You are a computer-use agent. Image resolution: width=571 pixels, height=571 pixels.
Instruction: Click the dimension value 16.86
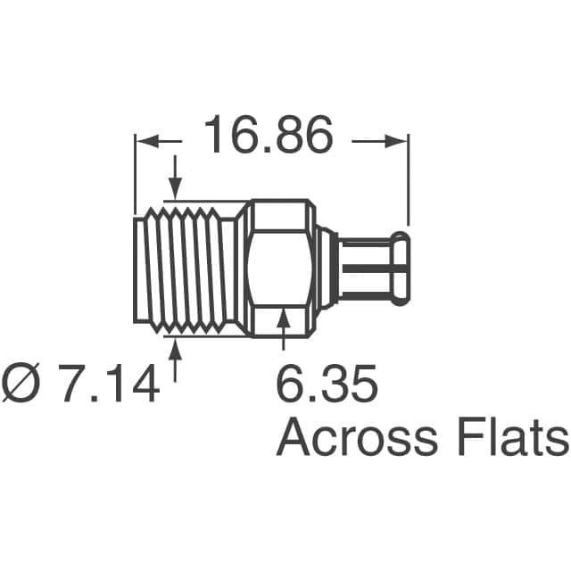[x=268, y=137]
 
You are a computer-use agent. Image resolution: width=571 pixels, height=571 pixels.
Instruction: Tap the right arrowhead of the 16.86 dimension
[x=397, y=139]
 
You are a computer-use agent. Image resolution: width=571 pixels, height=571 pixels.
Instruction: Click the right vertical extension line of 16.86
[x=408, y=178]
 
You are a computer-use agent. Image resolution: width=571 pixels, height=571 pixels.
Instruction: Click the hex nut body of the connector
[x=278, y=268]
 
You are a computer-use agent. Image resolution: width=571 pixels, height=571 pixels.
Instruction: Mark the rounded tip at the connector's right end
[x=403, y=268]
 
